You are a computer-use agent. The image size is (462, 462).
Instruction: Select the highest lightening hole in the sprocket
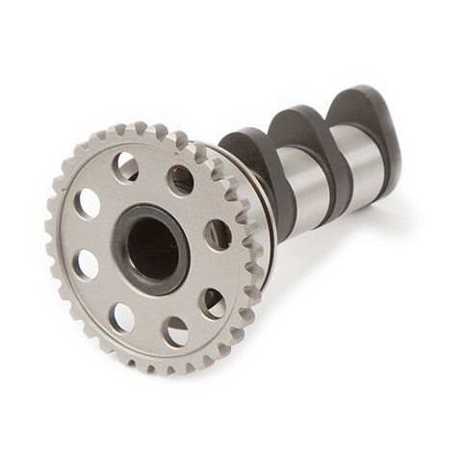pos(127,167)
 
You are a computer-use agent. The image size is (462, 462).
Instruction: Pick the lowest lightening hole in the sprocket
pos(176,333)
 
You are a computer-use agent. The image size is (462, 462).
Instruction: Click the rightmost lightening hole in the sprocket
pos(218,236)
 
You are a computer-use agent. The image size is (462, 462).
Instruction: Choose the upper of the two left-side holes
pos(88,203)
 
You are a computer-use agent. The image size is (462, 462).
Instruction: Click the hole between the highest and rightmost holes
pos(180,180)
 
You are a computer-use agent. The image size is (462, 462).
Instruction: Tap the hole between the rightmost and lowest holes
pos(212,301)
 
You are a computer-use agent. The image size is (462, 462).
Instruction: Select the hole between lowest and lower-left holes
pos(123,317)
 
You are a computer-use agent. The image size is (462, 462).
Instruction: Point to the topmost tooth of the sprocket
pos(136,127)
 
